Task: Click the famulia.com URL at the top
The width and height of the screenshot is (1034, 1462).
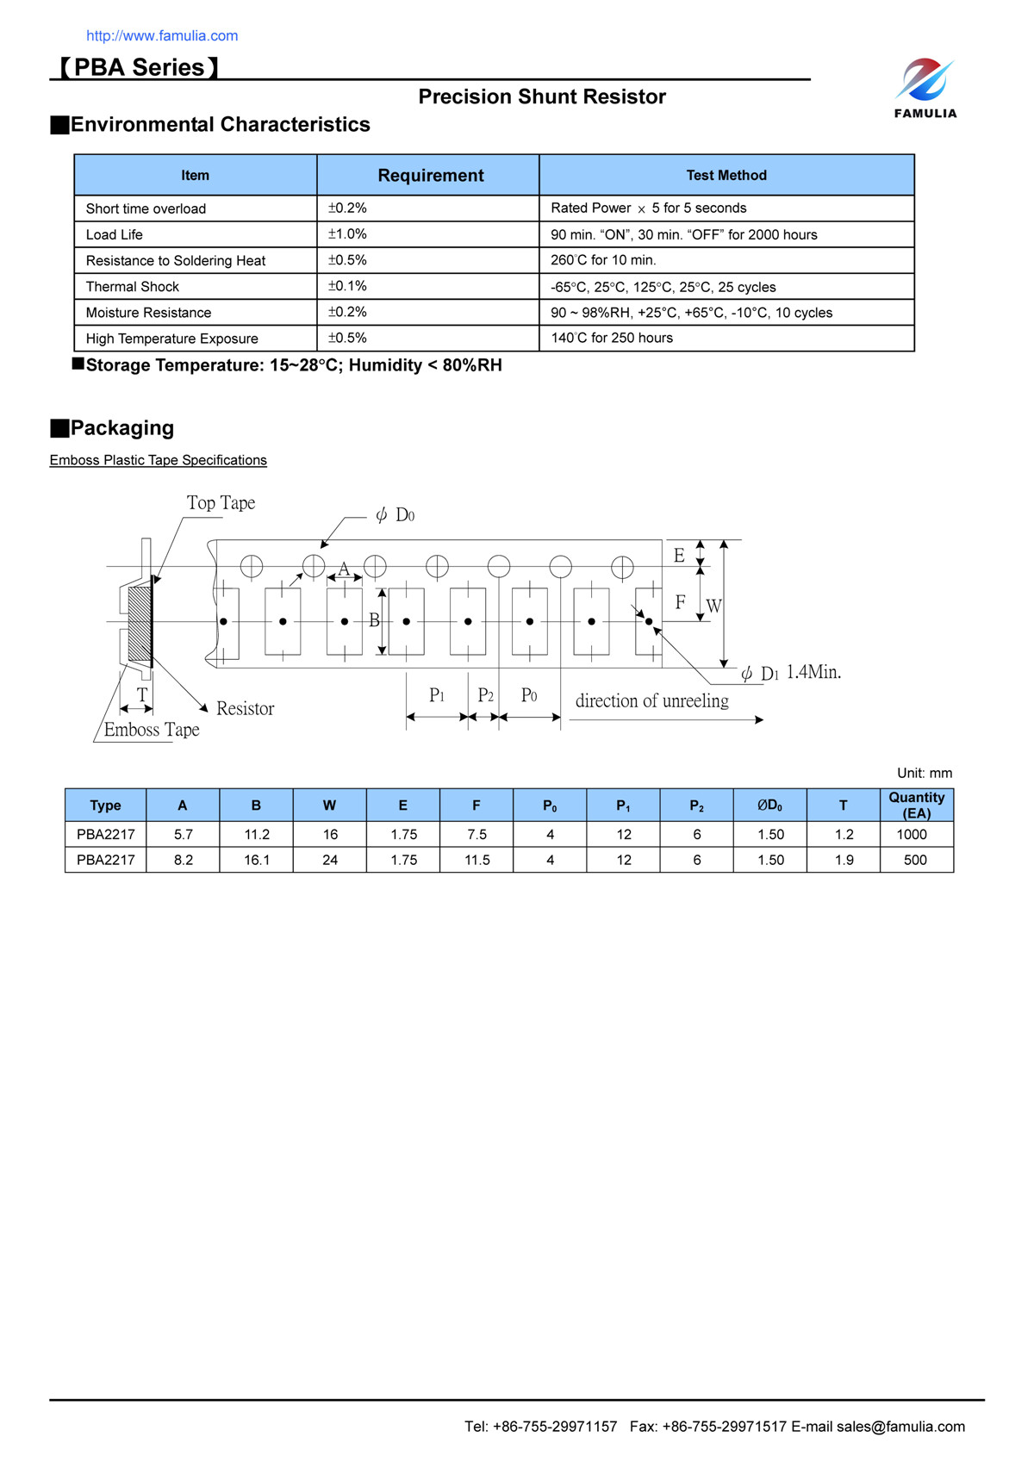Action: tap(162, 36)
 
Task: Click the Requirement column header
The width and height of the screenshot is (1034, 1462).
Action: tap(430, 176)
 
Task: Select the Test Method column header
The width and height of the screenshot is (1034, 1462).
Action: tap(726, 176)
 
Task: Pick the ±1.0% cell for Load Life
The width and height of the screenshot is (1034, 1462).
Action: tap(347, 234)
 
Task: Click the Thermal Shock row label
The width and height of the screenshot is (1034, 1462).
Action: tap(133, 287)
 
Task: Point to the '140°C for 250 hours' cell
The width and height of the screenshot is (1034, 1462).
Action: tap(612, 339)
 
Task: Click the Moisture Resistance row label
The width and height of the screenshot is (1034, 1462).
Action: tap(148, 313)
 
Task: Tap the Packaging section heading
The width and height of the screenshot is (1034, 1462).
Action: tap(121, 428)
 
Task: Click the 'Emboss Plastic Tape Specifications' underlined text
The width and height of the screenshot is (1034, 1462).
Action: tap(159, 460)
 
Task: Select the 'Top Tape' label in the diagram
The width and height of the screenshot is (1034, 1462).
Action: tap(221, 503)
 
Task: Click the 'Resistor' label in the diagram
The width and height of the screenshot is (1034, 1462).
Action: tap(245, 709)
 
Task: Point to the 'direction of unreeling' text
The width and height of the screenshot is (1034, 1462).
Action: tap(651, 701)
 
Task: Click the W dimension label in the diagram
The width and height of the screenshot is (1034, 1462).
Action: tap(713, 607)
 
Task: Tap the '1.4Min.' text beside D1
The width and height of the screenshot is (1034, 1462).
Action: tap(813, 672)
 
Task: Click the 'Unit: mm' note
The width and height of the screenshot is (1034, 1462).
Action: tap(924, 774)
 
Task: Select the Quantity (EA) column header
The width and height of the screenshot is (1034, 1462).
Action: tap(916, 806)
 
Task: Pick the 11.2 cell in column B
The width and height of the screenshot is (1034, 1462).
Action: tap(257, 835)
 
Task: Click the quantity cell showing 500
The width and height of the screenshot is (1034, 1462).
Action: tap(915, 861)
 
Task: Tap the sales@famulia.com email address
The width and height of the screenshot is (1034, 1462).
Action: tap(900, 1427)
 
